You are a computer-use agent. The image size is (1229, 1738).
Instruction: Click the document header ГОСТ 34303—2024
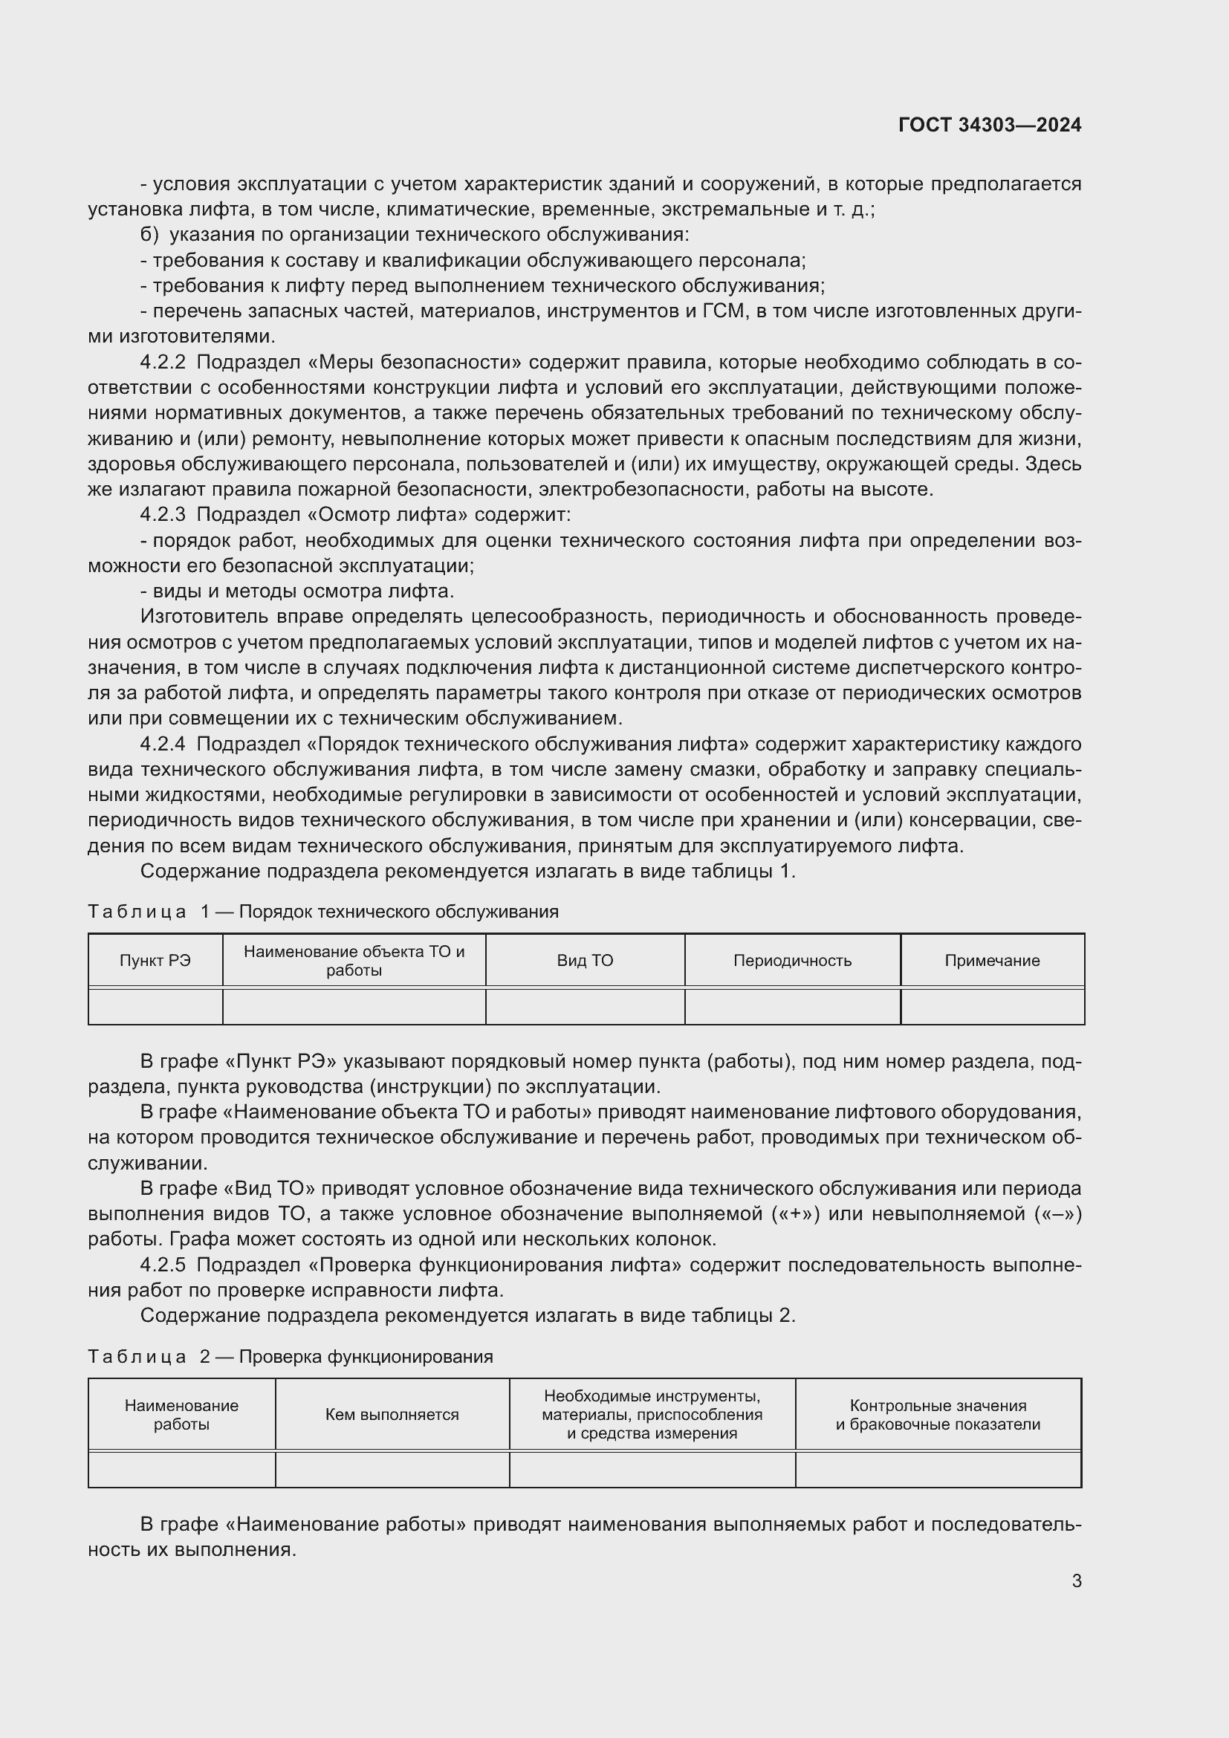(x=989, y=125)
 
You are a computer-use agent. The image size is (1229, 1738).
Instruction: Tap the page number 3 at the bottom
(x=1076, y=1580)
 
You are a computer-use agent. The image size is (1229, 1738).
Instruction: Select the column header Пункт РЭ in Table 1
(x=155, y=961)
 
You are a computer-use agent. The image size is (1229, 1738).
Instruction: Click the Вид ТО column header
(x=585, y=961)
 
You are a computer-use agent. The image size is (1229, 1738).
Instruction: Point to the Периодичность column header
(x=792, y=961)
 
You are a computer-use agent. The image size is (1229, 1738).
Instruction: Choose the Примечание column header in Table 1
(x=991, y=961)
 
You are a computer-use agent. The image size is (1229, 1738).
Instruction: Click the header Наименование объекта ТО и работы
(x=354, y=961)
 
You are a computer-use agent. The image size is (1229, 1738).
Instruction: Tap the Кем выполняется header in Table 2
(x=392, y=1415)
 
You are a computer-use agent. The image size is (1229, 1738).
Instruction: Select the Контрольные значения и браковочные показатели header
(x=938, y=1415)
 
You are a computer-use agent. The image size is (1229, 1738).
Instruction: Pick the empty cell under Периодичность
(x=792, y=1007)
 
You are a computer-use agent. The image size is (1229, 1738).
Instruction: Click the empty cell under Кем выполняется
(x=392, y=1470)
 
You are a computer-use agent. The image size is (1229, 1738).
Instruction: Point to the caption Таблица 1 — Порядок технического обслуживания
(x=323, y=912)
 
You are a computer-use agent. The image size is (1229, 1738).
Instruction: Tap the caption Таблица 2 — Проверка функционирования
(x=291, y=1357)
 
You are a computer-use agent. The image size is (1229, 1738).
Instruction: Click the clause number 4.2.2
(x=162, y=363)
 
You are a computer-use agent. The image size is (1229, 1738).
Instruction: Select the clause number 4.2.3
(x=162, y=515)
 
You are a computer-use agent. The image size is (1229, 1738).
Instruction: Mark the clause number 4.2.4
(x=162, y=744)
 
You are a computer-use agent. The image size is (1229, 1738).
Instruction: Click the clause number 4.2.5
(x=162, y=1265)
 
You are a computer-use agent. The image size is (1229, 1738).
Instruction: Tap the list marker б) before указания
(x=149, y=235)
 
